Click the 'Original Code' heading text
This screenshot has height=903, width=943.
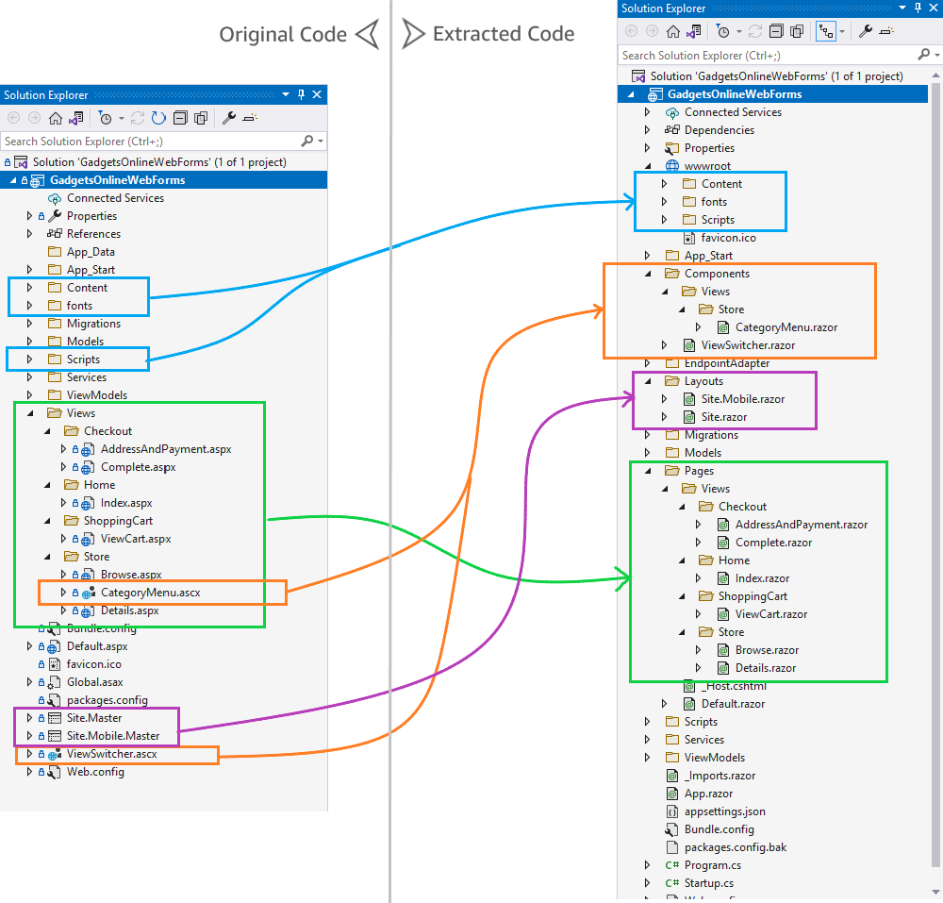click(283, 35)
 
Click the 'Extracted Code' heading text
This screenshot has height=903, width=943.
click(503, 34)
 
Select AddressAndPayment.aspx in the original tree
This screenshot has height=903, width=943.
click(165, 449)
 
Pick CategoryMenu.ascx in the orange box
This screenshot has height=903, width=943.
click(150, 593)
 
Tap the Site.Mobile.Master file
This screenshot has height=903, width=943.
click(112, 736)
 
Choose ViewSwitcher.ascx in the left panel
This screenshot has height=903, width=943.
click(111, 754)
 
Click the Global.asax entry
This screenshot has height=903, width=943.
click(94, 682)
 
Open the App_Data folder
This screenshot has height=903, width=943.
click(91, 252)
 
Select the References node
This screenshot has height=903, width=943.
click(93, 234)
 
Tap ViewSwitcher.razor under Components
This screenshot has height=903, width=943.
click(748, 345)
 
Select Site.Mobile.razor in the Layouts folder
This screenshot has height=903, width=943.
click(743, 399)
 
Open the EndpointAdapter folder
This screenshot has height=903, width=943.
click(726, 363)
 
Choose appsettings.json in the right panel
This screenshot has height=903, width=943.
click(724, 811)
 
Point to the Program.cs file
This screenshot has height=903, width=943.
click(712, 865)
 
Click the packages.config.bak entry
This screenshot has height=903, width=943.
click(735, 847)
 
